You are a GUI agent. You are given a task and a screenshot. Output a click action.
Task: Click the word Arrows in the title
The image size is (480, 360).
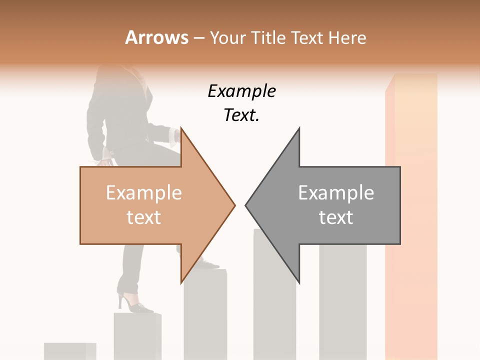(x=156, y=37)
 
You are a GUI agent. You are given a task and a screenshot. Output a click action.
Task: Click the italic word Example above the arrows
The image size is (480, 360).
(x=241, y=91)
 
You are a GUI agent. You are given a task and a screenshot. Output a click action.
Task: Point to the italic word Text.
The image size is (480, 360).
(x=241, y=115)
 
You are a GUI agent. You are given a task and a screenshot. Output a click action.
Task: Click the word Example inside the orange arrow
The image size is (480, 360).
(x=143, y=193)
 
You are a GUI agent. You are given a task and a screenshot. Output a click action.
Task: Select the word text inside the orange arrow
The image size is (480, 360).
(x=143, y=217)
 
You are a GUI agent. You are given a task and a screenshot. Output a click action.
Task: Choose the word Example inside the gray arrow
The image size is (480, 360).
(x=336, y=193)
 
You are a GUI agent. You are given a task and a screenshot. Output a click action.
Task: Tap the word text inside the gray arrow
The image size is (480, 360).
(x=336, y=217)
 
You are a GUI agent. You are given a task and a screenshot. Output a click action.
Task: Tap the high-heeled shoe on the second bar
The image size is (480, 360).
(x=134, y=303)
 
